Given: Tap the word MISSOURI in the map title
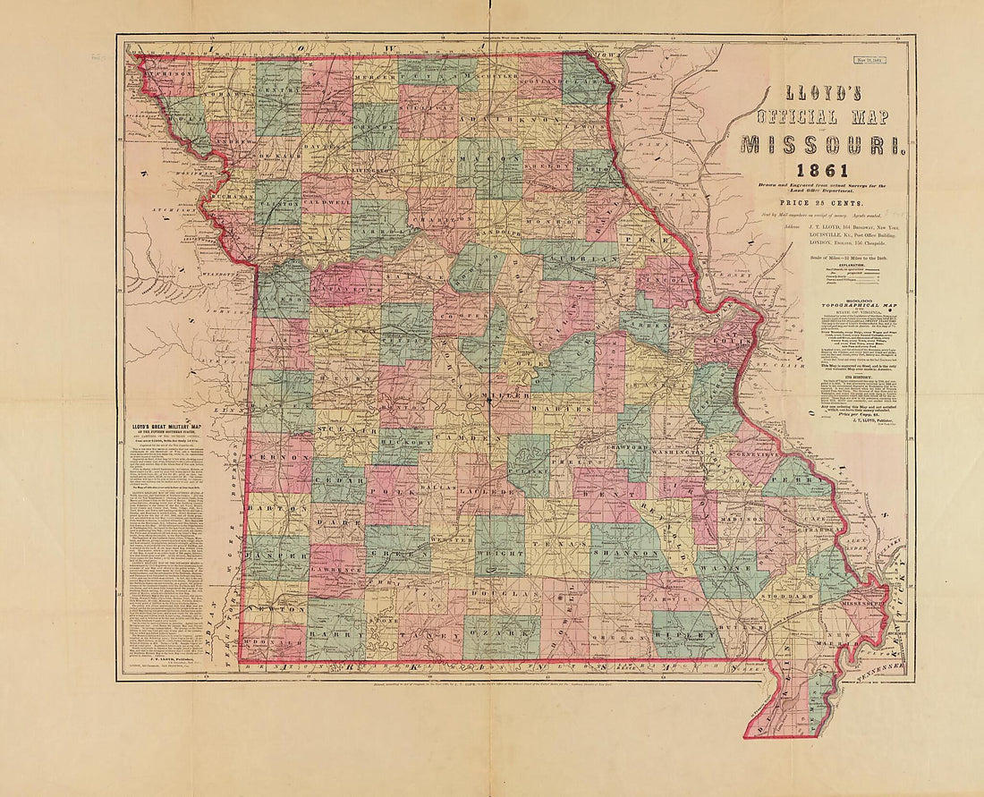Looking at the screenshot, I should point(822,144).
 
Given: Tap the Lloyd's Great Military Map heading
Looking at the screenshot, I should point(170,414).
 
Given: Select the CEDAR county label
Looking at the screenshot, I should point(338,479).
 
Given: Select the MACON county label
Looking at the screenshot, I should point(490,158).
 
